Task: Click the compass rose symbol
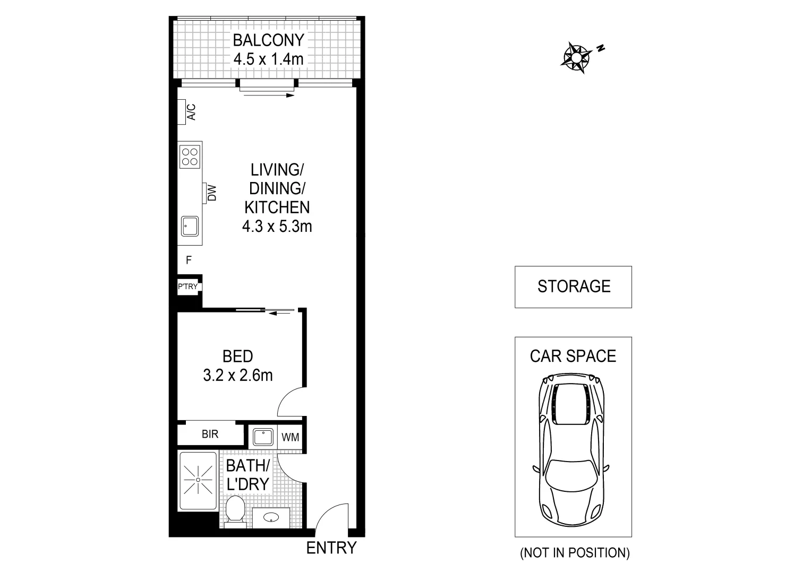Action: click(x=576, y=56)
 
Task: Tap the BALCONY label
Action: click(x=268, y=40)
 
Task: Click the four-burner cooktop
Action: click(x=190, y=155)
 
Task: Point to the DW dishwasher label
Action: click(x=212, y=193)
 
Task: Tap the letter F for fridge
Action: click(x=189, y=261)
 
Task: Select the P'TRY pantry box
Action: click(x=187, y=286)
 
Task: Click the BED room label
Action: click(x=237, y=356)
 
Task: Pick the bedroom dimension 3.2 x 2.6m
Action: click(x=237, y=376)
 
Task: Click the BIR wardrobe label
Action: click(x=210, y=435)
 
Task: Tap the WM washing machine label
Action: click(x=290, y=438)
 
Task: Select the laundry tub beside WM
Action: click(x=263, y=438)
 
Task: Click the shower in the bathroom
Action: click(x=198, y=480)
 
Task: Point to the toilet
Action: click(x=234, y=510)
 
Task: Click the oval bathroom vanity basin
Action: click(x=271, y=517)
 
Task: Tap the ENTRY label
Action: click(x=331, y=548)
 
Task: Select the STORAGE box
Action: click(x=573, y=286)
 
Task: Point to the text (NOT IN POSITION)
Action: click(x=575, y=553)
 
